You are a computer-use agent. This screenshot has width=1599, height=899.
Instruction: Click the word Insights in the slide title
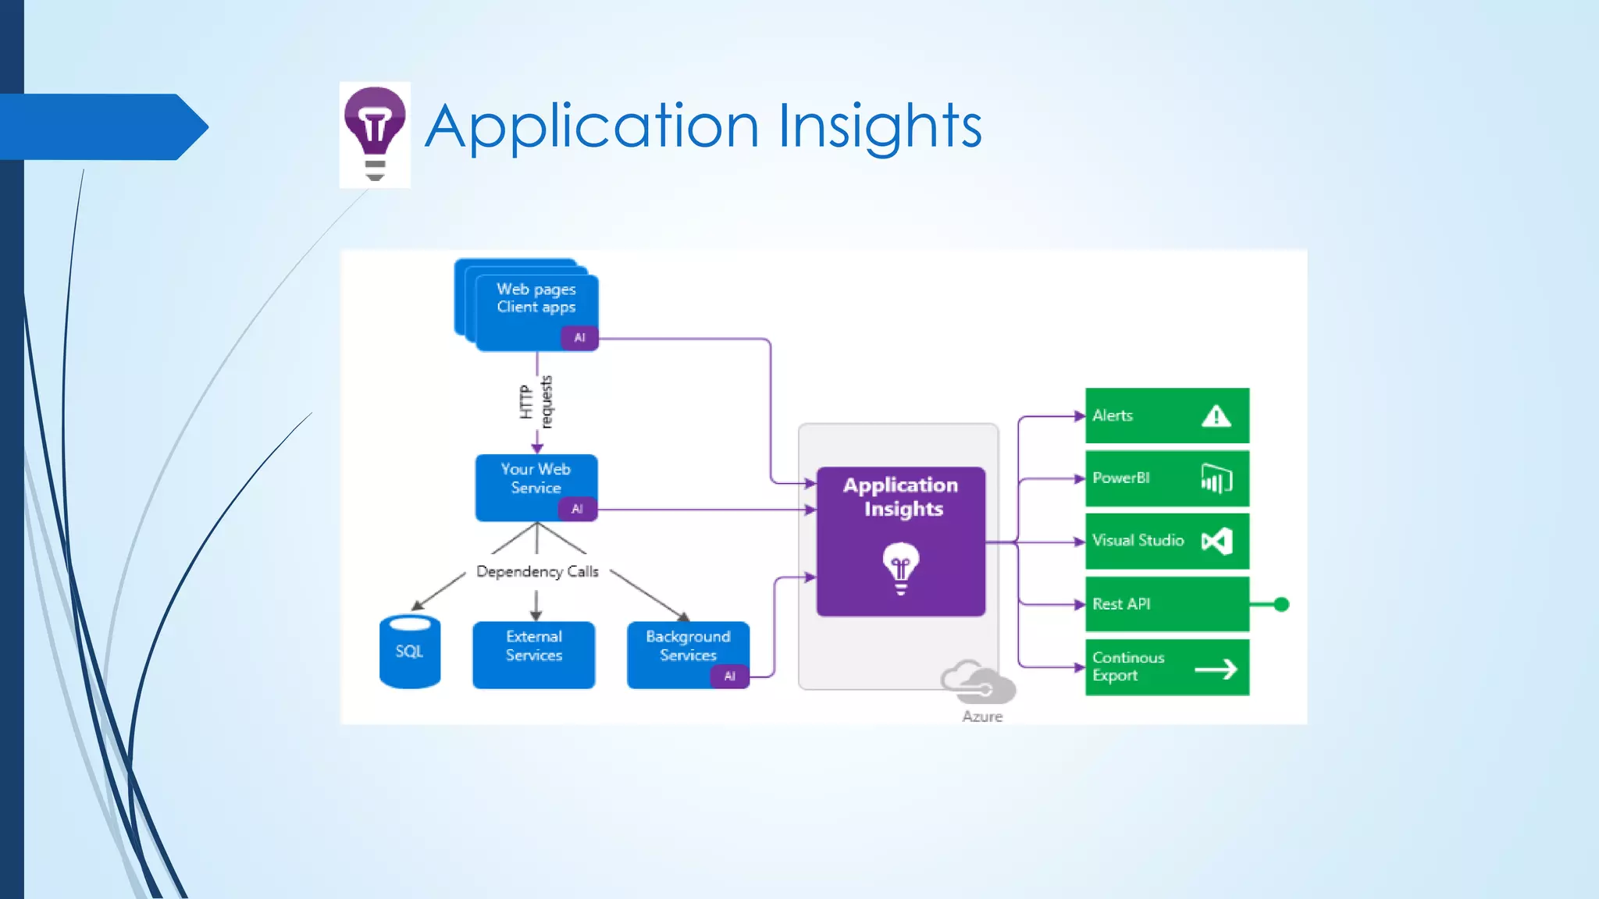[x=880, y=126]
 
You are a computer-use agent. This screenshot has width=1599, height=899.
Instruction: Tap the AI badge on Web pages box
[x=579, y=338]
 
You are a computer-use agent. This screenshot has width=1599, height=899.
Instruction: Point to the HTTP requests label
[x=536, y=402]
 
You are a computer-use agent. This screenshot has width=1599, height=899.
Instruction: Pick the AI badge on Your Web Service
[x=577, y=509]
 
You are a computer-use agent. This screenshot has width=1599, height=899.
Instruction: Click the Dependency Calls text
[x=537, y=572]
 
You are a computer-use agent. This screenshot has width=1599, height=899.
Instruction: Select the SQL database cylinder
[x=410, y=652]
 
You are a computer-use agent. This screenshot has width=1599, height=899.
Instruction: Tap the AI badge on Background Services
[x=729, y=676]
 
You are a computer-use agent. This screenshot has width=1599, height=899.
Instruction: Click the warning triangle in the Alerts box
[x=1216, y=417]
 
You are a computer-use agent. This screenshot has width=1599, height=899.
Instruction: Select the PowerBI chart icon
[x=1216, y=478]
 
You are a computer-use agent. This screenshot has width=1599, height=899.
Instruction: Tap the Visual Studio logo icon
[x=1216, y=541]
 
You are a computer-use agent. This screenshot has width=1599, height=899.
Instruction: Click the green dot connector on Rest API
[x=1281, y=604]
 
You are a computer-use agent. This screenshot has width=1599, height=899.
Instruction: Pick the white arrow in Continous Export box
[x=1216, y=669]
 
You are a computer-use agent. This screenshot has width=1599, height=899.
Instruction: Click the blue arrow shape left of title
[x=101, y=126]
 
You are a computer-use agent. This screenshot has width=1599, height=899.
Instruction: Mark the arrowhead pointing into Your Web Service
[x=537, y=448]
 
